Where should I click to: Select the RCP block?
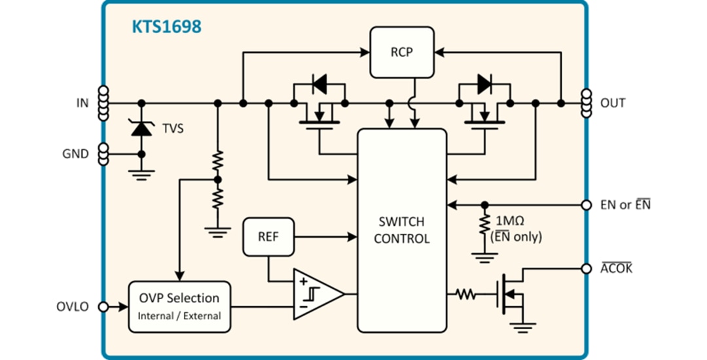pos(402,52)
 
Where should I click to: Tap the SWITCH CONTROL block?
pos(402,230)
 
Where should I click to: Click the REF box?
pos(268,236)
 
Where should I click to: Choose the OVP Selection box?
pos(179,306)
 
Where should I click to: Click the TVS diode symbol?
pos(141,128)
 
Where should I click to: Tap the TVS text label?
pos(173,129)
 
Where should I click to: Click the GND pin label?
pos(75,154)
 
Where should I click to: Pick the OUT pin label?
pos(613,103)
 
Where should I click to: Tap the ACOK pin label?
pos(616,268)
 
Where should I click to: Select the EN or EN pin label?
pos(625,205)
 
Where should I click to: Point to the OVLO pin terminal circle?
pos(103,306)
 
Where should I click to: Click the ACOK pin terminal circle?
pos(587,268)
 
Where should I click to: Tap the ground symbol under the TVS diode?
pos(141,174)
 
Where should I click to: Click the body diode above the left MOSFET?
pos(319,83)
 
